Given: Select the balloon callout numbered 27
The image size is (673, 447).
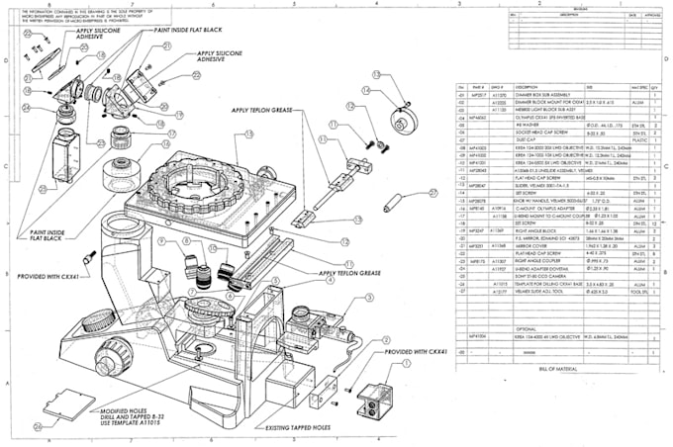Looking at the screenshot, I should coord(433,194).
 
